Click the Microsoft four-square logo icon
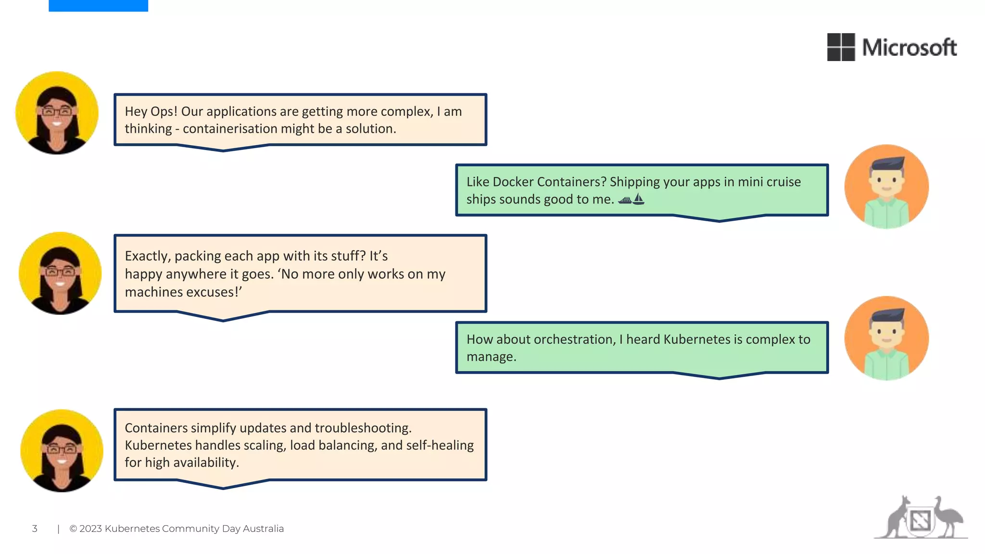pos(841,47)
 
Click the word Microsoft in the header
pos(909,48)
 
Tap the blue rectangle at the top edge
pos(98,5)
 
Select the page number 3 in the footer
pos(35,529)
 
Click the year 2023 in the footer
pos(90,529)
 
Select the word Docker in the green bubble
pos(513,182)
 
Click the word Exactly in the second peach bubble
pos(147,256)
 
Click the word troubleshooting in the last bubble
pos(363,428)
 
